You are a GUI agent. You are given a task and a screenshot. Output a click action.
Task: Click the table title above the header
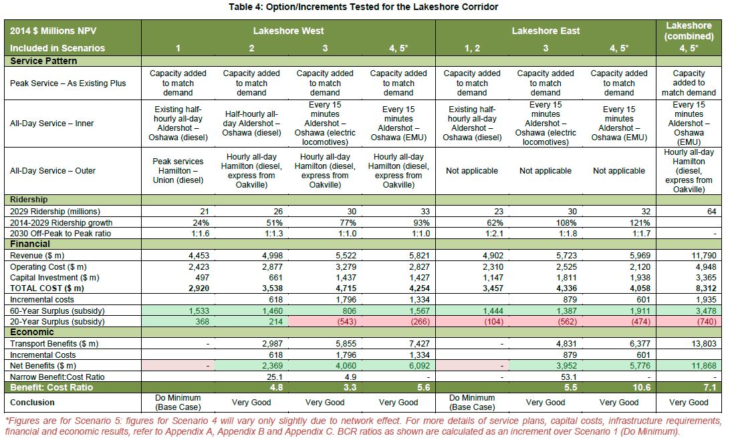tap(364, 7)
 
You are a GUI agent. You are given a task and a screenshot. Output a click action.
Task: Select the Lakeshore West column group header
tap(288, 31)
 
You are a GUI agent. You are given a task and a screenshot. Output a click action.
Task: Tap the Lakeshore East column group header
tap(545, 31)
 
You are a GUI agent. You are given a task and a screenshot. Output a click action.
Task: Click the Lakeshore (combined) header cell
tap(689, 31)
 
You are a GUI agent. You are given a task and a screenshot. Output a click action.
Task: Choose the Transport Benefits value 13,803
tap(702, 343)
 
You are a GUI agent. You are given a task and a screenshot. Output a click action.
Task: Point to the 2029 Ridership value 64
tap(710, 212)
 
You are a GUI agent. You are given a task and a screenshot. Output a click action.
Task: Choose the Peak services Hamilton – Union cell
tap(178, 171)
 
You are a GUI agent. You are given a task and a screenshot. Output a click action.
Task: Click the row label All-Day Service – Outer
tap(53, 171)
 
